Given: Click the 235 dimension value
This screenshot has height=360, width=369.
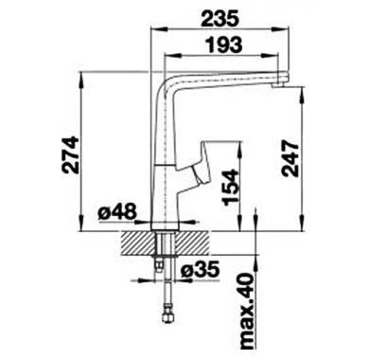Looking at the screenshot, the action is tap(220, 18).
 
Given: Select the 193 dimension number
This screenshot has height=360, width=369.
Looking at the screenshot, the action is tap(223, 45).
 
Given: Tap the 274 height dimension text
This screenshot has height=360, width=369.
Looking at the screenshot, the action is tap(70, 155).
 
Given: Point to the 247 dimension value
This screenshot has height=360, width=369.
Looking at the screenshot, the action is tap(290, 158).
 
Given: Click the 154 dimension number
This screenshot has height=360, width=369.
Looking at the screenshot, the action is tap(230, 188).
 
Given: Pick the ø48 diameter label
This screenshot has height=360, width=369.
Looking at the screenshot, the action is tap(117, 212).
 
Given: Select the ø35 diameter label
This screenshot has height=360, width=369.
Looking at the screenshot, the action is tap(201, 270).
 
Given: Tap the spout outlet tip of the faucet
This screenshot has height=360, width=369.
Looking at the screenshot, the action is tap(279, 84).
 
